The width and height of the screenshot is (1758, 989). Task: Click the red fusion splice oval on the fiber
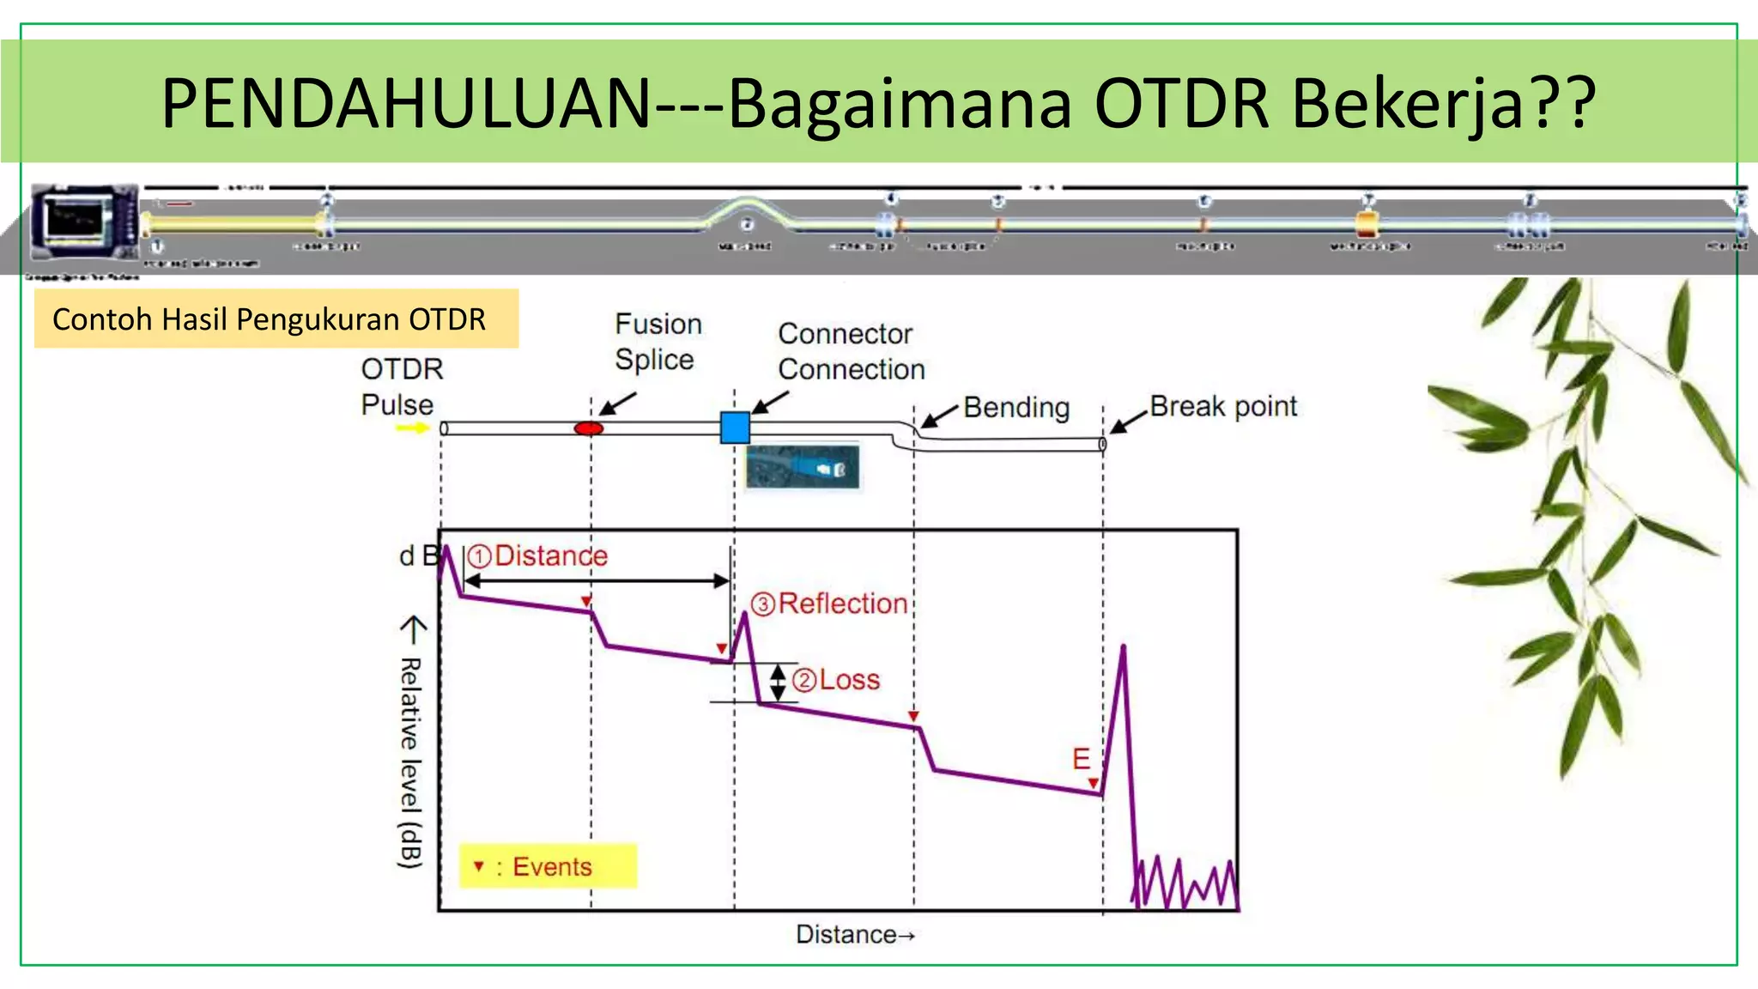(588, 428)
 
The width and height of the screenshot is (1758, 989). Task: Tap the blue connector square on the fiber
(735, 427)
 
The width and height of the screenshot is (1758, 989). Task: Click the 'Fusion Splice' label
(658, 342)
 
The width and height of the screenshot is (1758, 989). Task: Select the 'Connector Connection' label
(851, 351)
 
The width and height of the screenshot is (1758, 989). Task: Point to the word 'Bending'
(1016, 407)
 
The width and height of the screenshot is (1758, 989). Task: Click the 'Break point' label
(1222, 406)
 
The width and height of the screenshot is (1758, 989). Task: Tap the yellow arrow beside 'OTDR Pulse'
(412, 428)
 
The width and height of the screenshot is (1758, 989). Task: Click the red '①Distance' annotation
(538, 555)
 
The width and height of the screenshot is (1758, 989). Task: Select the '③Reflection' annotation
(829, 604)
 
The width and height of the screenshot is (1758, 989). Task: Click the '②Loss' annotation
(836, 680)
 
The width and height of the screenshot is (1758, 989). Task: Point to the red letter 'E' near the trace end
(1081, 759)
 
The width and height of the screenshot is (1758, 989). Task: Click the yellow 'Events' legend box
(548, 865)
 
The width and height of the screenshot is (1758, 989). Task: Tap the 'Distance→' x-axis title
(855, 934)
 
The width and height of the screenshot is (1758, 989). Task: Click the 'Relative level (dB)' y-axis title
(411, 761)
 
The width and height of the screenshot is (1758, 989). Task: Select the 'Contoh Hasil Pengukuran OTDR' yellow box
(276, 319)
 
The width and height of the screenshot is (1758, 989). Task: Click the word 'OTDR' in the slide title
(1181, 103)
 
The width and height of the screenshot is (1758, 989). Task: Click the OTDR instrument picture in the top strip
(83, 221)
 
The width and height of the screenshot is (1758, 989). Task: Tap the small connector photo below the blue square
(802, 467)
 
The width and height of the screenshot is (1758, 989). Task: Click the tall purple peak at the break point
(1123, 652)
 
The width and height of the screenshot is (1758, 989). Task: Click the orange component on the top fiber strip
(1367, 225)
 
